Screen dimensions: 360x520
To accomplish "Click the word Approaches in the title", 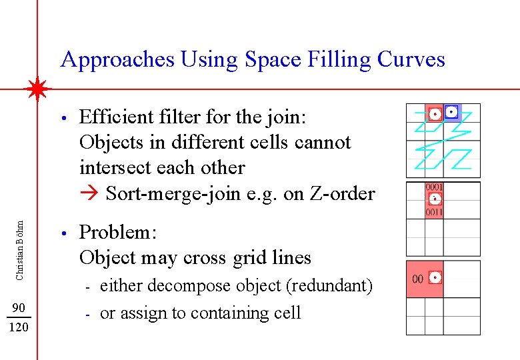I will (x=117, y=60).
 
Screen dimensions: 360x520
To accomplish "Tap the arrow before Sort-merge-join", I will (x=89, y=194).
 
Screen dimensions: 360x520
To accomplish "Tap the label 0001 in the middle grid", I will (x=435, y=187).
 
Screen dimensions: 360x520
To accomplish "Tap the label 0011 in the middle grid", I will (x=435, y=212).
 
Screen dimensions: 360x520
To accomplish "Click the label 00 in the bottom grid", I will (x=418, y=279).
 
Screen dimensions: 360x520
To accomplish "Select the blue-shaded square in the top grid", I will (x=452, y=112).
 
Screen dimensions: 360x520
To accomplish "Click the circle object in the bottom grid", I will (x=436, y=277).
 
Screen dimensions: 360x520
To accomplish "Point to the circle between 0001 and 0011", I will (x=435, y=199).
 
